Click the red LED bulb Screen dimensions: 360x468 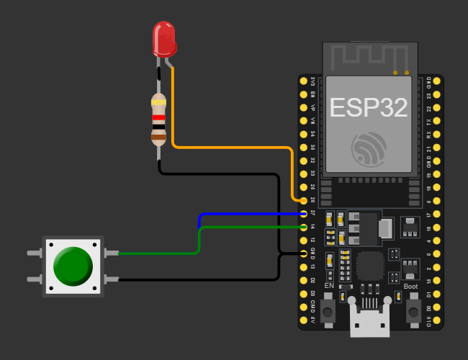(164, 38)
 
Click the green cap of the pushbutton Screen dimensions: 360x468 (73, 265)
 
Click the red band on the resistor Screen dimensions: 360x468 (158, 118)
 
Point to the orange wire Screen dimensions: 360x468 (230, 147)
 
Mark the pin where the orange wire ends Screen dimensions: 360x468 (303, 200)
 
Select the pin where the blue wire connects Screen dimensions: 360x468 (303, 214)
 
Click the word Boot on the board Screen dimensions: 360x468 (410, 287)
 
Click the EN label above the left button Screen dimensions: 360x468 (329, 287)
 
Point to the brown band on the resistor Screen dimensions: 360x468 (158, 135)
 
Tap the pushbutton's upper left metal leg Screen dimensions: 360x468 (34, 253)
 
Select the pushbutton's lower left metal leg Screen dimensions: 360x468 (34, 279)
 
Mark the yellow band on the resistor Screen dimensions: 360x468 (158, 102)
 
